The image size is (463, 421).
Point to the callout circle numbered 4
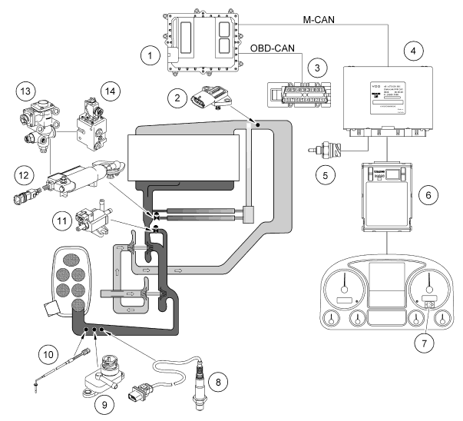(x=414, y=52)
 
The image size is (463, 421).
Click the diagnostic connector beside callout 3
(x=303, y=94)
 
